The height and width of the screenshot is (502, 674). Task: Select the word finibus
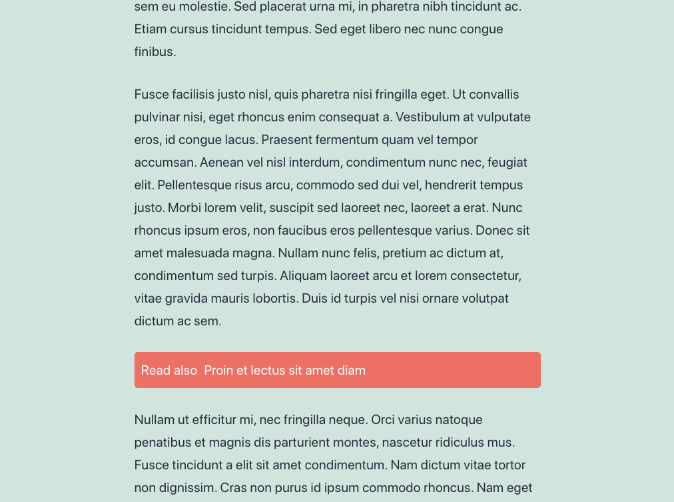154,52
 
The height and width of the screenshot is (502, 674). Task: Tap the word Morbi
184,208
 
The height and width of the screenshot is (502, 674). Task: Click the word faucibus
291,231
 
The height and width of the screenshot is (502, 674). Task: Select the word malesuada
196,253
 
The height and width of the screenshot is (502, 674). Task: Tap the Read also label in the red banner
169,371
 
